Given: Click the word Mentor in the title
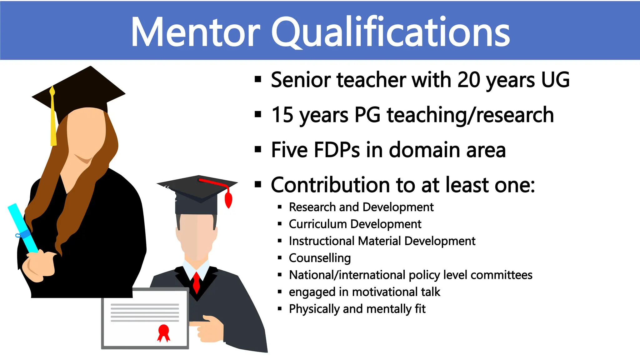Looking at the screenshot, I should [195, 32].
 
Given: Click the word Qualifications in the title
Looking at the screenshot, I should [391, 32].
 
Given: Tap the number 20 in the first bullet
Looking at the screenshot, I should [469, 80].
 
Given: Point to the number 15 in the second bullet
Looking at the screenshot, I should [282, 115].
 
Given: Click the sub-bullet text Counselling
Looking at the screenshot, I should [320, 258].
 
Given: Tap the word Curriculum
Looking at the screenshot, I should [318, 224].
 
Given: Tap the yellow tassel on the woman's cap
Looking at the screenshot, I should [53, 122].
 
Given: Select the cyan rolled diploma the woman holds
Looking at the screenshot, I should [22, 228].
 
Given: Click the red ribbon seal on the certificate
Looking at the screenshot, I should [164, 332].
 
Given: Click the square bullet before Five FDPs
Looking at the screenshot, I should [258, 150].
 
